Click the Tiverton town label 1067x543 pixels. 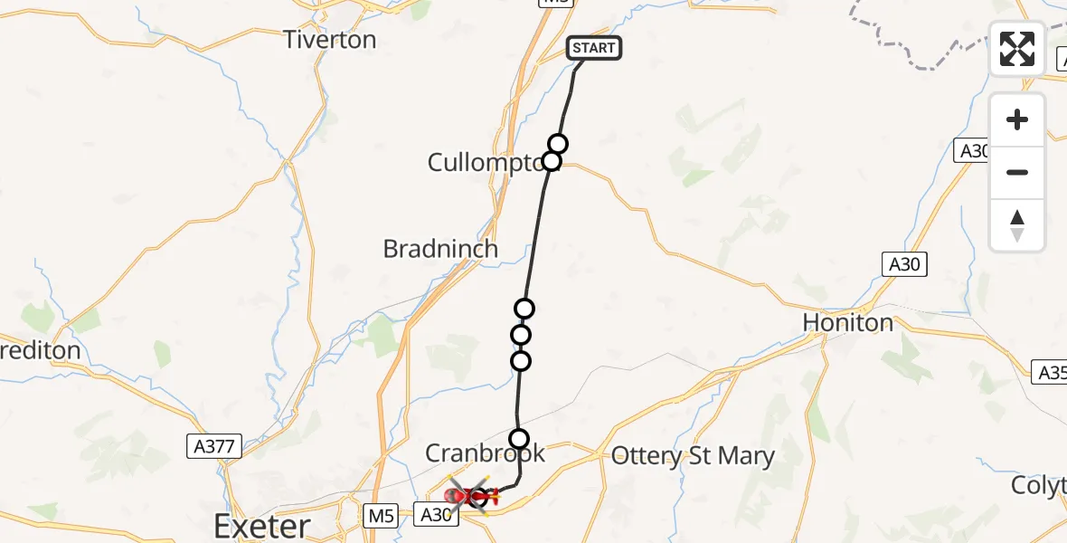pyautogui.click(x=329, y=40)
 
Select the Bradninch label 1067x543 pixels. pyautogui.click(x=440, y=249)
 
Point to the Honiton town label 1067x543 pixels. pyautogui.click(x=847, y=322)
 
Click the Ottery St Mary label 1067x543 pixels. pyautogui.click(x=693, y=455)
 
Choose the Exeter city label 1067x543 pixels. pyautogui.click(x=262, y=525)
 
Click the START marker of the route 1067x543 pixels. pyautogui.click(x=594, y=48)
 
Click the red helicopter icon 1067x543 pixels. pyautogui.click(x=468, y=496)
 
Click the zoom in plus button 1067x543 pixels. pyautogui.click(x=1017, y=120)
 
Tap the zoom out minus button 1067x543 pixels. pyautogui.click(x=1017, y=172)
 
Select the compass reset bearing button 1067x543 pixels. pyautogui.click(x=1017, y=224)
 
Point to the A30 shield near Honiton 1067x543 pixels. pyautogui.click(x=904, y=264)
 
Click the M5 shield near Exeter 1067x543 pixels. pyautogui.click(x=382, y=516)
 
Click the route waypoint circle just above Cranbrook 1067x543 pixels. pyautogui.click(x=519, y=439)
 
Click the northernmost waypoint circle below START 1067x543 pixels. pyautogui.click(x=558, y=144)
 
